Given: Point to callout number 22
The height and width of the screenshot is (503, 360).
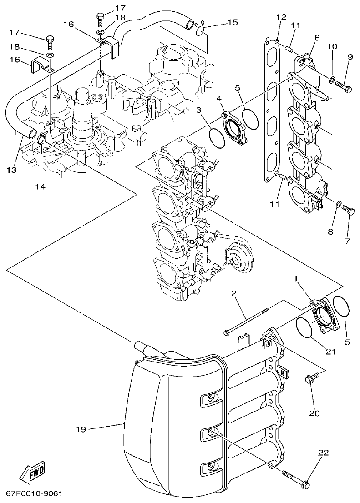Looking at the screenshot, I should coord(323,453).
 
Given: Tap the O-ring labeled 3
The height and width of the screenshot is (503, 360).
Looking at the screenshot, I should coord(218,137).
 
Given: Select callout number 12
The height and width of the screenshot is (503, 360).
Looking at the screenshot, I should coord(281,17).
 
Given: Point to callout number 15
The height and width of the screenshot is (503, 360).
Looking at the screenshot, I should coord(232,22).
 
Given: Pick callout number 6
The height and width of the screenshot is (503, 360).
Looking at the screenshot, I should coord(317,38).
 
